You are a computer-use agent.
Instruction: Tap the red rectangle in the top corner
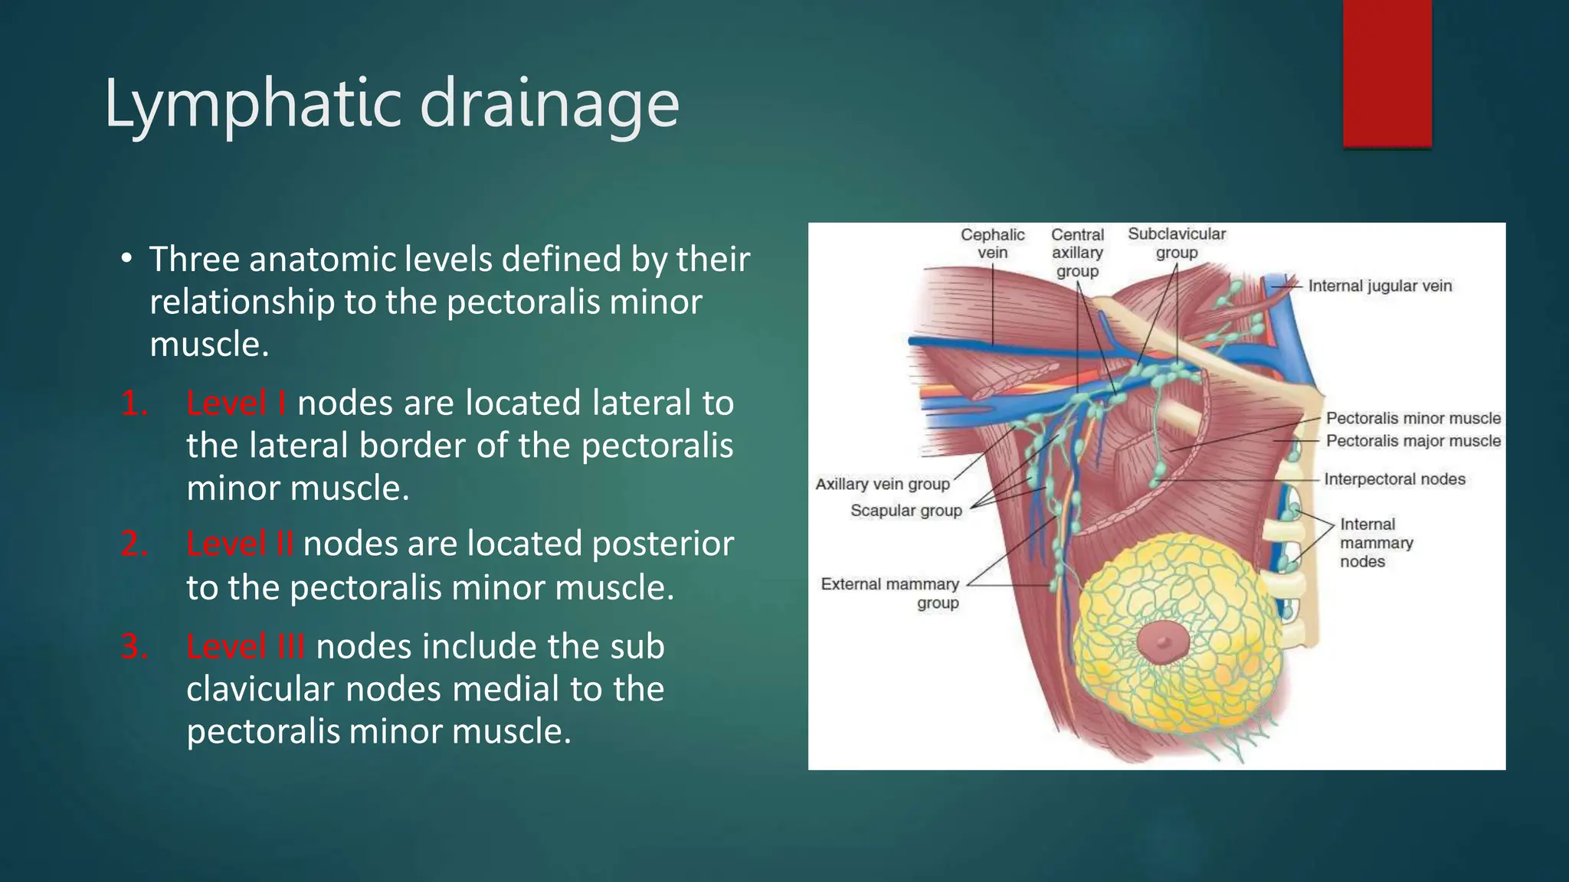(1387, 73)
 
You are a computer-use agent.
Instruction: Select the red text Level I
(236, 403)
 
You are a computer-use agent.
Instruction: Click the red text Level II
(239, 544)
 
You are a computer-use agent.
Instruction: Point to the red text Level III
(245, 647)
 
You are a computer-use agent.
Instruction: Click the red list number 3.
(135, 647)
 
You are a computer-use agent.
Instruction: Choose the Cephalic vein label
(992, 243)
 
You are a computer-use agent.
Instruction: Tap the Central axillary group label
(1077, 253)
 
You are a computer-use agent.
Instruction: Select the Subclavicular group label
(1176, 243)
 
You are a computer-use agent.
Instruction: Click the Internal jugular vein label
(1379, 286)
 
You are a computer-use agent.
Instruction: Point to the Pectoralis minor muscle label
(1413, 419)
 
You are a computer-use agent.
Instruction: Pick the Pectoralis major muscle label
(1413, 441)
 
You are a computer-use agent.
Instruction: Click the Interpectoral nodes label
(1394, 479)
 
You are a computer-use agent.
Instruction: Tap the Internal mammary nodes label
(1375, 543)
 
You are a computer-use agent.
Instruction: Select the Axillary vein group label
(882, 484)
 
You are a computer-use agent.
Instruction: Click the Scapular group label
(906, 511)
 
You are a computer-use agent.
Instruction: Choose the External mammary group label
(890, 593)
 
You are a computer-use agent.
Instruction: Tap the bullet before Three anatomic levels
(126, 259)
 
